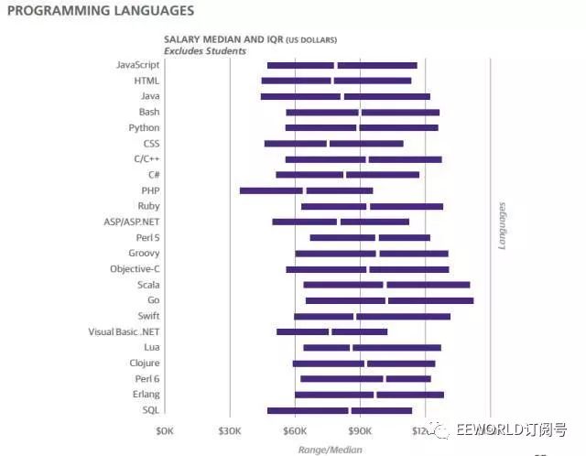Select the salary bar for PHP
coord(306,190)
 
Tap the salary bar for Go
coord(389,300)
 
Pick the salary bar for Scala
coord(386,285)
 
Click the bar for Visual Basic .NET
coord(331,331)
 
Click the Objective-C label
coord(135,269)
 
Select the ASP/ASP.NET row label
coord(132,222)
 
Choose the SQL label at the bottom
coord(151,410)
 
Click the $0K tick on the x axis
coord(164,430)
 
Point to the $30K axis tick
coord(230,430)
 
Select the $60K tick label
coord(295,430)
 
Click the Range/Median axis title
coord(330,450)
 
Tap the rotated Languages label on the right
coord(501,226)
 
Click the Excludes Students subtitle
coord(205,51)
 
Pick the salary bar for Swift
coord(372,316)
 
